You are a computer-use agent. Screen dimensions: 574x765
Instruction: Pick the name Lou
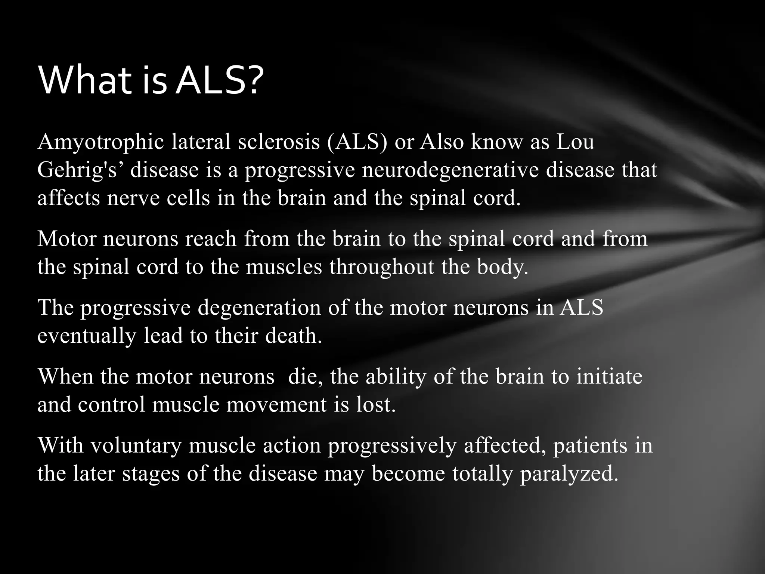click(575, 142)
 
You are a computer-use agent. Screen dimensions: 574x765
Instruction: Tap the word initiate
click(609, 377)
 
